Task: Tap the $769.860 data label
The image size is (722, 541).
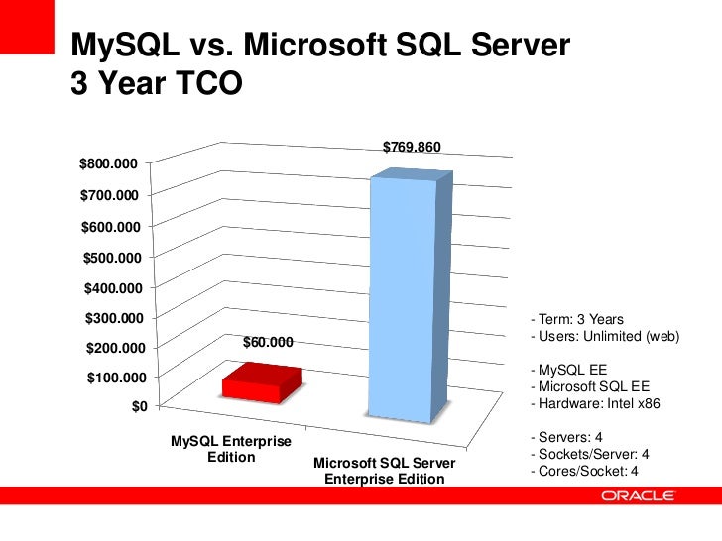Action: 411,148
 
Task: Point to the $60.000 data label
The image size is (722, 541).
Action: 268,342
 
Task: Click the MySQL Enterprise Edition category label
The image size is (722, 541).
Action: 231,449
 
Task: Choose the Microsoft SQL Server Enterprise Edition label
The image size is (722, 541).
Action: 385,472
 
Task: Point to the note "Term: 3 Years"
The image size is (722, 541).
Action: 577,319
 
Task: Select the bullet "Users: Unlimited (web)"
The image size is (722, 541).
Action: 605,337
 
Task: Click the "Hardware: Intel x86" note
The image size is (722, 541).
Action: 596,404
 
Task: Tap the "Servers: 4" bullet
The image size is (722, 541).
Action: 567,437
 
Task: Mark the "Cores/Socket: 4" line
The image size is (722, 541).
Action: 584,471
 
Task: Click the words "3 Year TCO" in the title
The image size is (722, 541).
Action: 156,85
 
